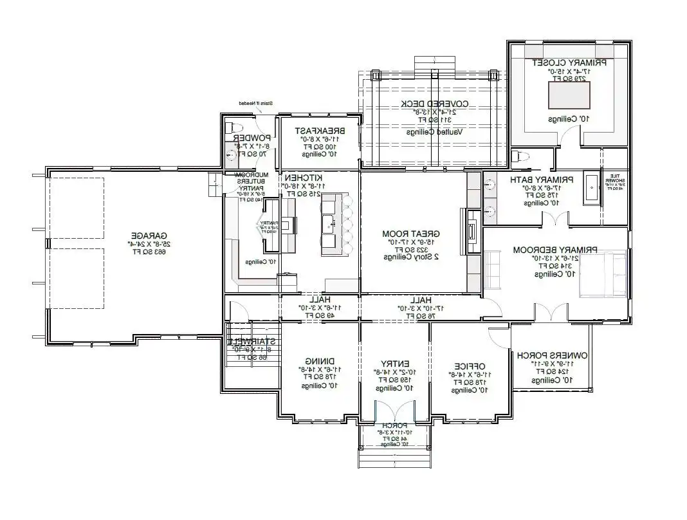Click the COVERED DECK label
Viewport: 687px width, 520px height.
tap(434, 104)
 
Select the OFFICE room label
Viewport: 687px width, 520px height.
tap(470, 365)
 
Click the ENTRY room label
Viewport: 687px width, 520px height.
tap(395, 363)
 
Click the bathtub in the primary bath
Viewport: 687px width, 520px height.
tap(592, 188)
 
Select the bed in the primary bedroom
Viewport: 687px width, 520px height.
tap(602, 275)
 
